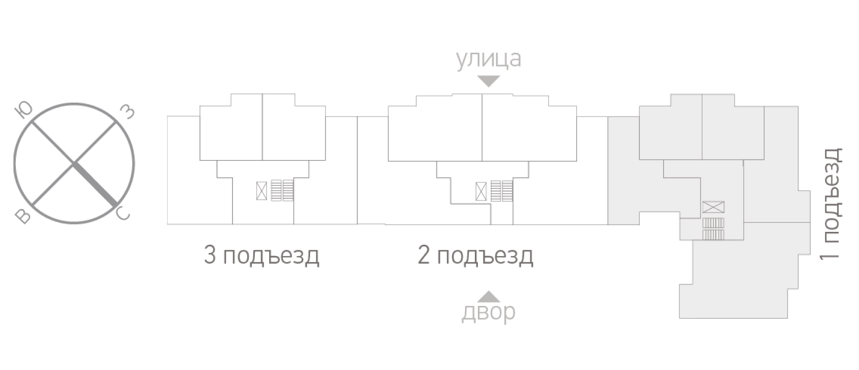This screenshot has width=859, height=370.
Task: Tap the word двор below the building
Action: click(x=488, y=312)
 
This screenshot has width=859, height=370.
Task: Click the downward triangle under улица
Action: click(x=488, y=81)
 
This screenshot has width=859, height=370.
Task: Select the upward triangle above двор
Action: click(x=488, y=296)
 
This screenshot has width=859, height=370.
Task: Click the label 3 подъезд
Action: click(x=262, y=256)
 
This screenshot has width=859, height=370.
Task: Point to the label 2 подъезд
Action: click(x=475, y=256)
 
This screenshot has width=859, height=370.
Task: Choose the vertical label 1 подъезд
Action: click(x=832, y=203)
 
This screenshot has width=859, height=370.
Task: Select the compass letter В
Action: click(x=23, y=216)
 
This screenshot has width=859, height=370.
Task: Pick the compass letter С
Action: click(x=122, y=214)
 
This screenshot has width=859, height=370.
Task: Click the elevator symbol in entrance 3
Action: click(x=262, y=190)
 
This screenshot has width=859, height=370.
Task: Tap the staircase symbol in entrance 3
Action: click(x=282, y=190)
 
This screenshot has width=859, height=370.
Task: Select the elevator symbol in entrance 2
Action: click(x=481, y=191)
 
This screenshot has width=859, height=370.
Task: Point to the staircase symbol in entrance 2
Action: click(x=502, y=191)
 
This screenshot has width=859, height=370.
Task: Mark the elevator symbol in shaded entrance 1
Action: click(x=713, y=207)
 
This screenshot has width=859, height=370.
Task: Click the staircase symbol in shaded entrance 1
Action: click(x=713, y=229)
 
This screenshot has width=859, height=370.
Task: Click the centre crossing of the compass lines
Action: click(x=74, y=163)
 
